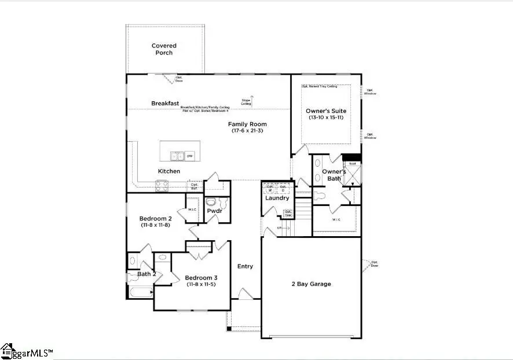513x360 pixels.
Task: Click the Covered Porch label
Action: click(164, 49)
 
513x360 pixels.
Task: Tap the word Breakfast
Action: click(165, 104)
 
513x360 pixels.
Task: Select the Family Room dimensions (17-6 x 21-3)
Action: click(247, 131)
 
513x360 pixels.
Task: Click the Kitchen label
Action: click(169, 171)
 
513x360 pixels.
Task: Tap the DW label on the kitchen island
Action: click(189, 156)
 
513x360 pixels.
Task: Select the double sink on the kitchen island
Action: click(177, 156)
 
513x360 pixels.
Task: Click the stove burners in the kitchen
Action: click(162, 186)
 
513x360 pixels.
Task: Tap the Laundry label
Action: click(277, 199)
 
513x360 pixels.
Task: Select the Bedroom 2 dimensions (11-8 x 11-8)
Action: click(155, 225)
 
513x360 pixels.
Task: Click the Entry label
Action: click(245, 266)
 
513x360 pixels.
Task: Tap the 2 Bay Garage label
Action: click(311, 284)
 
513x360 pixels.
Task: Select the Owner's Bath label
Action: click(334, 175)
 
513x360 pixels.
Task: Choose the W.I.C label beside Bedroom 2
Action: click(192, 210)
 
